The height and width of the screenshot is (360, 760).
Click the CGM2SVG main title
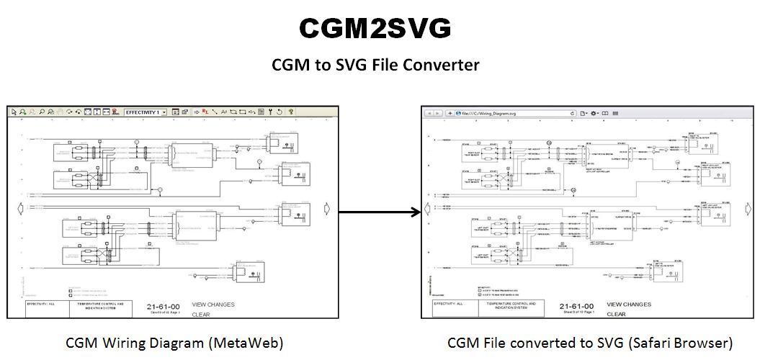point(375,28)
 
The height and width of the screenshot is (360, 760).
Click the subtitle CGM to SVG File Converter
point(375,65)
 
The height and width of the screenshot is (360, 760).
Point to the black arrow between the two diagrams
point(380,212)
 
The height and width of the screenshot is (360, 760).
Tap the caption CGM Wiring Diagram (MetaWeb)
point(174,343)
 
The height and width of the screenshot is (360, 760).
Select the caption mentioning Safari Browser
point(590,343)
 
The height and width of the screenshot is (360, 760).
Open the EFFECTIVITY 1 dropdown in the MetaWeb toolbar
point(146,112)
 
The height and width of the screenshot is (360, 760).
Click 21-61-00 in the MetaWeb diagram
point(163,305)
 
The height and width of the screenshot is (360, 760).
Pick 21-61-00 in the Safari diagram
point(577,306)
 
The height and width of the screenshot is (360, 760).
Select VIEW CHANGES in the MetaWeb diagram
point(213,305)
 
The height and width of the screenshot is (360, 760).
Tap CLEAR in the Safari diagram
point(616,314)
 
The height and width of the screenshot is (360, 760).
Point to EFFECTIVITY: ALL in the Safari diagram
point(449,305)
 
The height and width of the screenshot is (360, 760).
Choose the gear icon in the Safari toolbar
point(594,113)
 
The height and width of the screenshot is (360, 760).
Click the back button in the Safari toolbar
point(429,113)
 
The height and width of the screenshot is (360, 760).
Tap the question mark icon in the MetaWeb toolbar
point(290,112)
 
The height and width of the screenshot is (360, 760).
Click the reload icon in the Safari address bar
point(573,113)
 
